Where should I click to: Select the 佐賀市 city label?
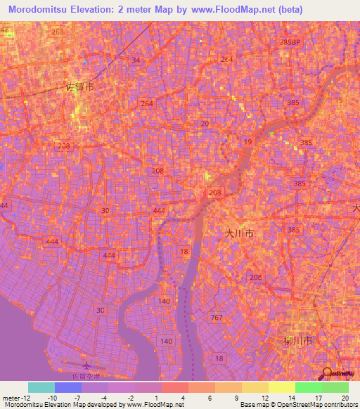(x=79, y=88)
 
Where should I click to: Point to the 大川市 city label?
(x=239, y=234)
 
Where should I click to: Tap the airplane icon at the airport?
(x=86, y=365)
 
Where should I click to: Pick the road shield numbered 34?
(x=136, y=60)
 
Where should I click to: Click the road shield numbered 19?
(x=247, y=142)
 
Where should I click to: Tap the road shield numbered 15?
(x=340, y=101)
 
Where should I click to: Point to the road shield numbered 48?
(x=6, y=31)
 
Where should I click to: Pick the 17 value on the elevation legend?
(x=321, y=398)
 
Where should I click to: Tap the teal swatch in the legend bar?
(x=41, y=387)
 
